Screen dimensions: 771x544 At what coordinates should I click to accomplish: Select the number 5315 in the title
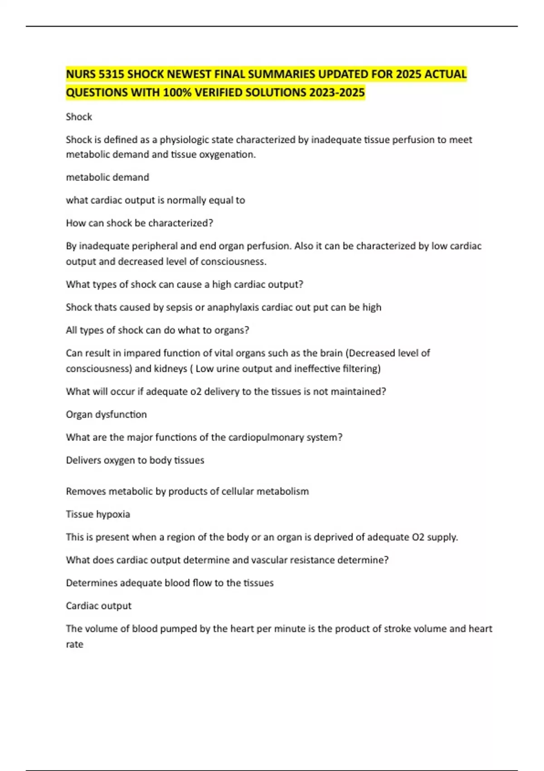point(112,74)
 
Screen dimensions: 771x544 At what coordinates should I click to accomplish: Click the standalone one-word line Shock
point(79,117)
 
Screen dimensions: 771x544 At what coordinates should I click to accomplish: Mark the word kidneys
point(170,369)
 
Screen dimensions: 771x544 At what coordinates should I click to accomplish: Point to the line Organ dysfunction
point(106,415)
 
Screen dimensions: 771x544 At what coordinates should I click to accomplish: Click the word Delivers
point(83,460)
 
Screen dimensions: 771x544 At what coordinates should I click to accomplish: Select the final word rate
point(74,644)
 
